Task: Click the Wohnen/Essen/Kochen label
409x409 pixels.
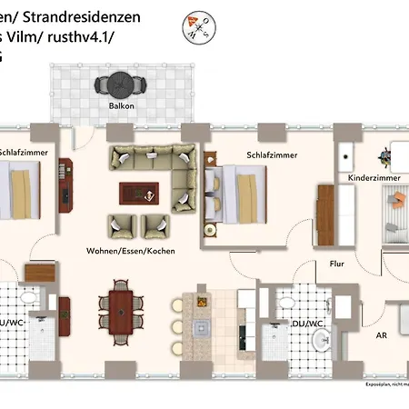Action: coord(131,250)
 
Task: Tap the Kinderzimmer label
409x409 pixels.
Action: coord(373,178)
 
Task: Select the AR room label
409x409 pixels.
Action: coord(382,334)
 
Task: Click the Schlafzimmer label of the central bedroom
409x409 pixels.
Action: coord(272,155)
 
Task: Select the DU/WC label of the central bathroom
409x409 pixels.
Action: coord(307,323)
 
